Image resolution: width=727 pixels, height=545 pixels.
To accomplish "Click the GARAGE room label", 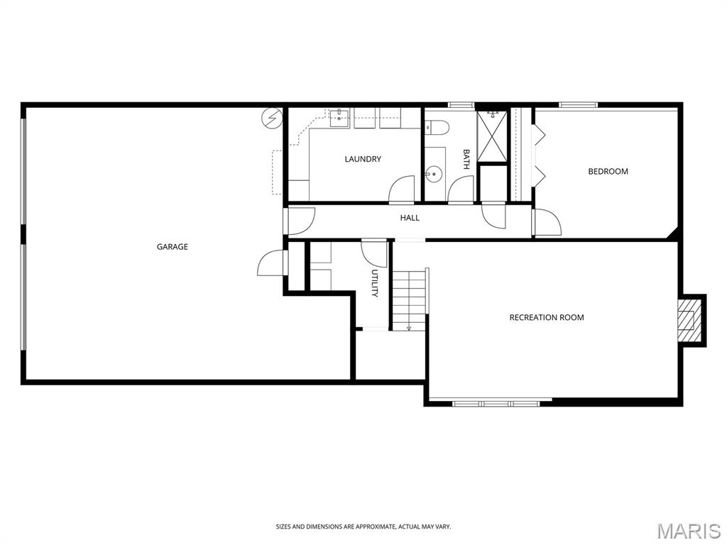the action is [x=172, y=247].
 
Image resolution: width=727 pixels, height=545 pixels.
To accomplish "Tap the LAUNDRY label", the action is [x=363, y=159].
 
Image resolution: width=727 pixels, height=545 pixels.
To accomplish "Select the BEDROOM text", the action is [x=608, y=172].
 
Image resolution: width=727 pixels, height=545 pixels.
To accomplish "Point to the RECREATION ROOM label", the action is [x=547, y=317].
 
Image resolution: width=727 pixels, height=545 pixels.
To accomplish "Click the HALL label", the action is [x=410, y=217].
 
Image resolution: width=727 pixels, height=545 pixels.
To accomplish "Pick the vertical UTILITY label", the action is [x=375, y=282].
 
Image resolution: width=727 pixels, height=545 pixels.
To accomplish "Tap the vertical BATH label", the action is [x=466, y=159].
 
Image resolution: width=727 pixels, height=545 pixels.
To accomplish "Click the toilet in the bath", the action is [x=437, y=128].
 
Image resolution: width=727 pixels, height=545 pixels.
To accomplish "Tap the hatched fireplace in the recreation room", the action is [x=689, y=320].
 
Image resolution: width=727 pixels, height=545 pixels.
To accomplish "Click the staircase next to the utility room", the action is [x=410, y=299].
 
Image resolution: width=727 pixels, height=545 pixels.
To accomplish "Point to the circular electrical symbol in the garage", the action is [x=272, y=119].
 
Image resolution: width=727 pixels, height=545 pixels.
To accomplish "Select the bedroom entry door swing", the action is [x=547, y=222].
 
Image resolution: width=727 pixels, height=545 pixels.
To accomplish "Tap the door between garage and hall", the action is [x=300, y=221].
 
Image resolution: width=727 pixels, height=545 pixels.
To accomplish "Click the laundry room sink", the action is [x=339, y=119].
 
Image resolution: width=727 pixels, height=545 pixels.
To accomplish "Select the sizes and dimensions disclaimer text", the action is [x=363, y=527].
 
